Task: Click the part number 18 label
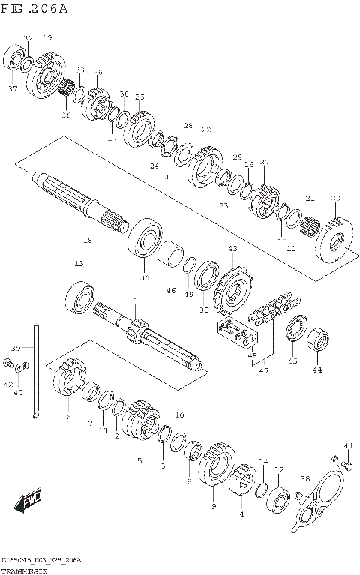coord(88,241)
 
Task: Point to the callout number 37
coord(13,88)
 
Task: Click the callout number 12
coord(279,470)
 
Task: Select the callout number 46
coord(171,290)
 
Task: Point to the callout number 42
coord(8,385)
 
